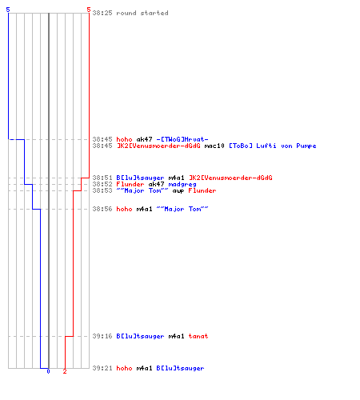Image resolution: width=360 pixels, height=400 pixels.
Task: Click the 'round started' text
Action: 142,13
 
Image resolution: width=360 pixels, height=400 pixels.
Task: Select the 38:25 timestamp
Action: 102,13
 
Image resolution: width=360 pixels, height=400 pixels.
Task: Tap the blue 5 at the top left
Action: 8,10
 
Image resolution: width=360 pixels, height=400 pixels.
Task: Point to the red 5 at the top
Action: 89,10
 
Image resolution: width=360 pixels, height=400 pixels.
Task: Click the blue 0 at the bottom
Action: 48,371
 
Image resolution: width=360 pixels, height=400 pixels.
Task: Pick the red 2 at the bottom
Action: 65,371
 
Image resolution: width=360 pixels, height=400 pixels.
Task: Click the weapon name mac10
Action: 214,146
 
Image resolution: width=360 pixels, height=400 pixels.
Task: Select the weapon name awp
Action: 178,191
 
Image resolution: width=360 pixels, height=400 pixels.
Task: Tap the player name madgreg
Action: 182,185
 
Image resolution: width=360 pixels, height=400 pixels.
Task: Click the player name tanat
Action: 198,336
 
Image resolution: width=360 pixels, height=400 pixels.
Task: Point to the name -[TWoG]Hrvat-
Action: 182,139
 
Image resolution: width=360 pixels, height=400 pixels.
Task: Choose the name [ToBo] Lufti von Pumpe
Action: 273,146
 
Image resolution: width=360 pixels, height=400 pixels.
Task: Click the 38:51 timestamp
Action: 102,178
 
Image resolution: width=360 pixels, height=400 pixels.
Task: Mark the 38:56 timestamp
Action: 102,209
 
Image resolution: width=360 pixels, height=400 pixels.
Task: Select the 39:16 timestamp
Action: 102,336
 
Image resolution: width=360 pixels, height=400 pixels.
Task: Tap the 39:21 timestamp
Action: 102,368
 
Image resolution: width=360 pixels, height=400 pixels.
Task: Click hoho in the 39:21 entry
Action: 124,368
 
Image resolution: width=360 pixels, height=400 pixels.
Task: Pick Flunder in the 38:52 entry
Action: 130,184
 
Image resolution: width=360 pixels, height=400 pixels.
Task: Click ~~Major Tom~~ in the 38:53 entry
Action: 142,190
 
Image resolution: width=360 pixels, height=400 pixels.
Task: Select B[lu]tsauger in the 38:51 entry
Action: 140,178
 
